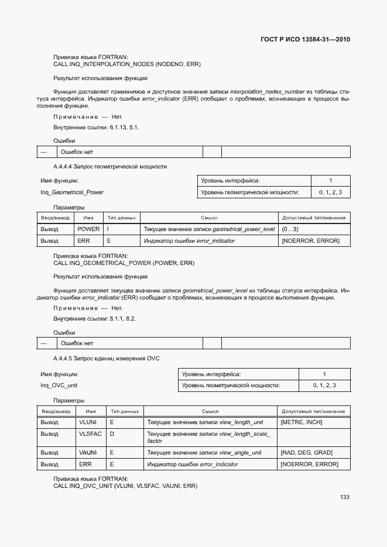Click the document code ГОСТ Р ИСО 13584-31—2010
304,40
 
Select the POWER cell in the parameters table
88,229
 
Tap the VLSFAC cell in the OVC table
91,434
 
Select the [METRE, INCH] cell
301,422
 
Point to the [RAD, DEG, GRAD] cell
306,452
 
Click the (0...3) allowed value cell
290,229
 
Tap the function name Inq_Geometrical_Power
72,192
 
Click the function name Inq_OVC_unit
59,385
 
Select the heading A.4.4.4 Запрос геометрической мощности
109,167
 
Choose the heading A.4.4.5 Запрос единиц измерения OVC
106,358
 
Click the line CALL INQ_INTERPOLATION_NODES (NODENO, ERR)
127,64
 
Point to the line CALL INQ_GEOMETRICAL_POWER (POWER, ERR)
124,263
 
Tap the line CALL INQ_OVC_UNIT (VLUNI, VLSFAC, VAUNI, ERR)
125,486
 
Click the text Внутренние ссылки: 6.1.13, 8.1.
96,127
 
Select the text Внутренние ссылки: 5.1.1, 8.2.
94,318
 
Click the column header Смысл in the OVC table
210,411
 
